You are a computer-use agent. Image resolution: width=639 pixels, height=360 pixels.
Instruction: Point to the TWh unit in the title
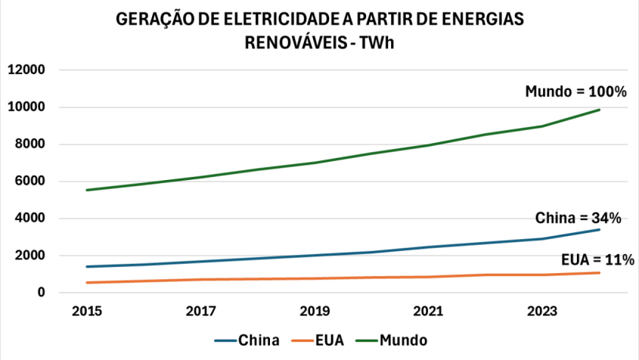377,43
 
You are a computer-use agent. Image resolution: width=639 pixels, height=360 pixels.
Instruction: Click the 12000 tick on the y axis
26,70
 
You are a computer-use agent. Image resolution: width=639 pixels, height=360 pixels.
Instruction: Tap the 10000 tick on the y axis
26,107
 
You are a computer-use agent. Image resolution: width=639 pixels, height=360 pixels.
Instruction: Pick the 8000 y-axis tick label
29,144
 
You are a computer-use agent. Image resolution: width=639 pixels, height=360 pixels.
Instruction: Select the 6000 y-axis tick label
29,182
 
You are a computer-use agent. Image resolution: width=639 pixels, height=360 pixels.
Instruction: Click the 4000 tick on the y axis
29,219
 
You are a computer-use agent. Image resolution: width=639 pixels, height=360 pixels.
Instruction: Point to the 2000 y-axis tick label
29,256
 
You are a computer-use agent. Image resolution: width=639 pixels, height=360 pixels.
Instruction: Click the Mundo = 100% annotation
576,92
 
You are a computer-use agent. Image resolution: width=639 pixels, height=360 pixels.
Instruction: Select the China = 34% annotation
579,218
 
